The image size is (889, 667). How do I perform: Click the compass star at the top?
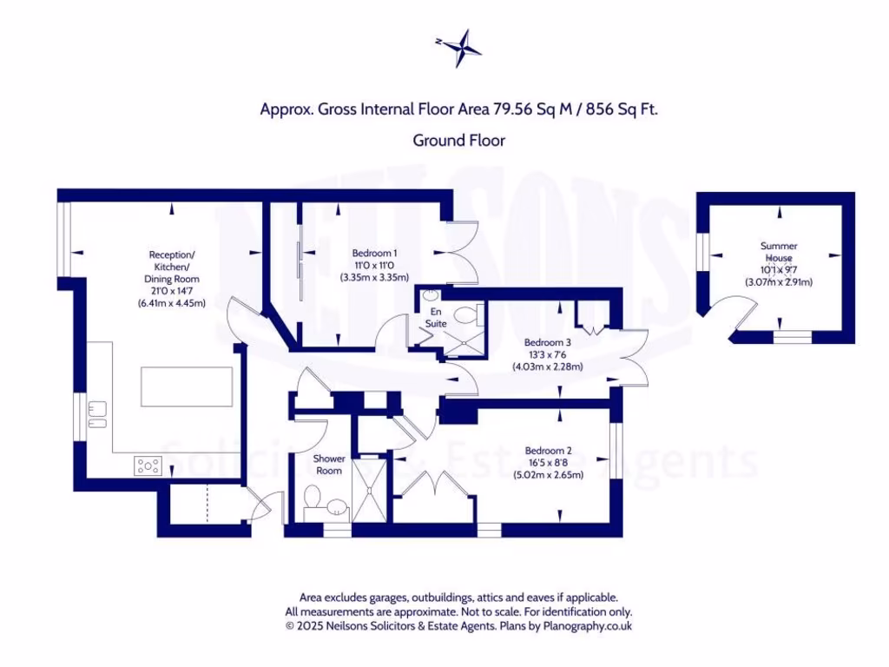tap(458, 48)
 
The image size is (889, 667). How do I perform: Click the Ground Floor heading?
tap(458, 140)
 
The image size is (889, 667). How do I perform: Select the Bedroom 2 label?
tap(548, 451)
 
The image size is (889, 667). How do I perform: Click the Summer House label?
tap(779, 252)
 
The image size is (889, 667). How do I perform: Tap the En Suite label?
tap(435, 317)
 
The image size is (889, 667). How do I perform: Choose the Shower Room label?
tap(330, 465)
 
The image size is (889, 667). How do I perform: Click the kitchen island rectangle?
tap(187, 386)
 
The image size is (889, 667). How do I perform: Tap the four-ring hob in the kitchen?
tap(148, 466)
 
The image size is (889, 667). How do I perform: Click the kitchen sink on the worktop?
tap(96, 414)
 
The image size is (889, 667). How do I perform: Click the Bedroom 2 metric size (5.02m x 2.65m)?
tap(548, 475)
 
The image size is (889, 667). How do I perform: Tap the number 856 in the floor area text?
tap(600, 109)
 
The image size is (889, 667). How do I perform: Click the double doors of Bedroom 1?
tap(465, 252)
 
